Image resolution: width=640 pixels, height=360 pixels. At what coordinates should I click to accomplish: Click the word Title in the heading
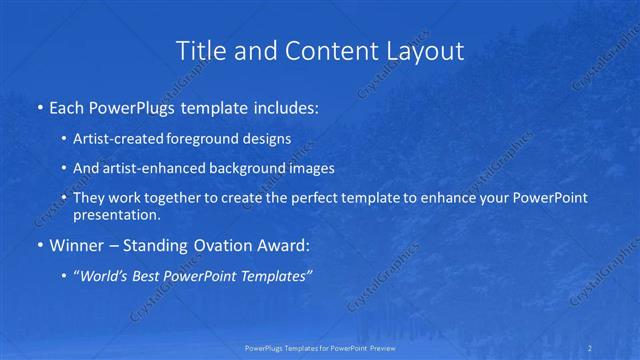click(198, 50)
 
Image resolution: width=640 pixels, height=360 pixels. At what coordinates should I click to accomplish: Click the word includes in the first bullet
click(281, 107)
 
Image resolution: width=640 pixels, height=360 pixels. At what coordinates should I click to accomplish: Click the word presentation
click(116, 214)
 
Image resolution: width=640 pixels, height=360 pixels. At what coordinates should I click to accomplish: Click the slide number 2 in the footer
click(592, 348)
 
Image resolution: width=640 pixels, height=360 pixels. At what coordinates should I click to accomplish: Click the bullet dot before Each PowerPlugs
click(39, 107)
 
